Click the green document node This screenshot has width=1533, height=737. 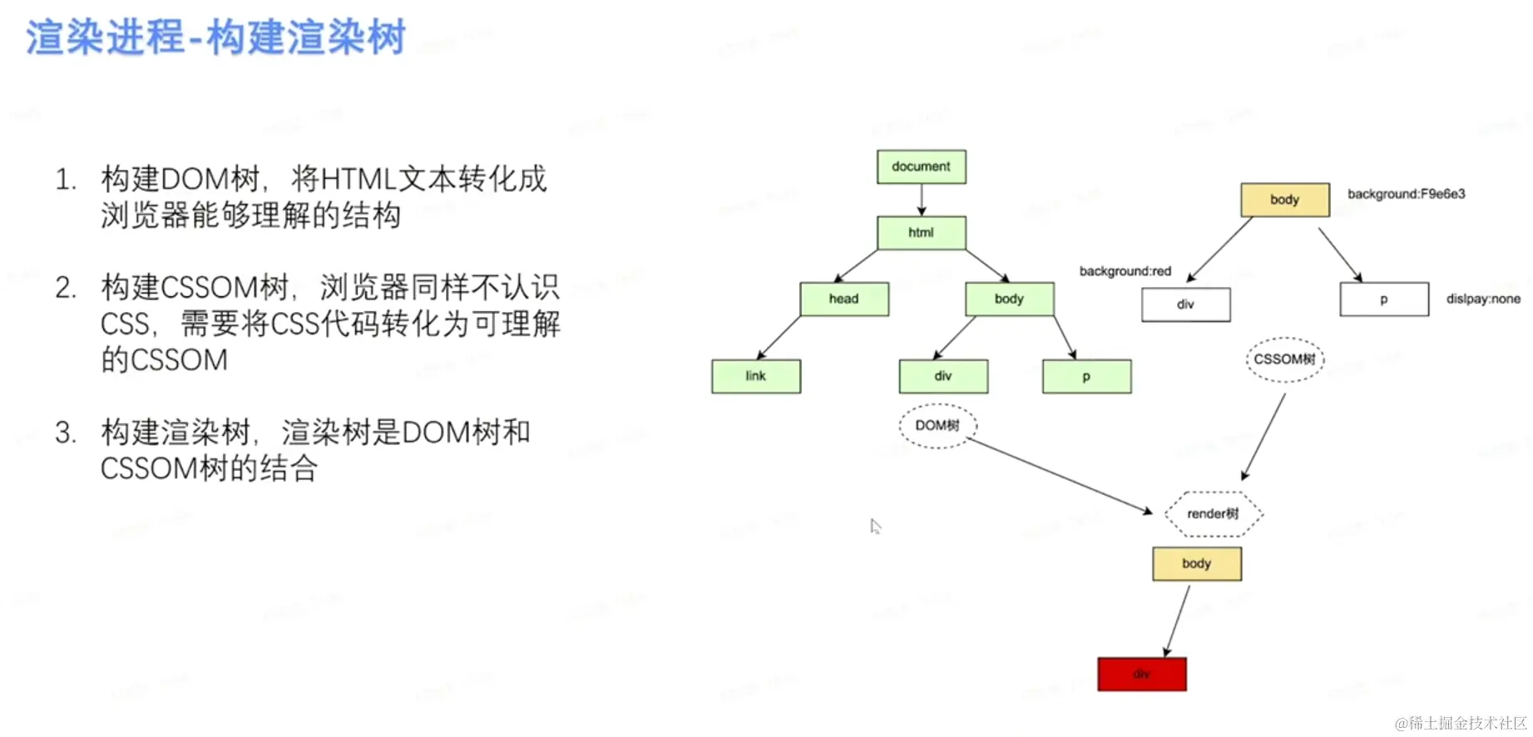click(x=921, y=166)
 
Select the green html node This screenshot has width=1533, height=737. click(x=921, y=233)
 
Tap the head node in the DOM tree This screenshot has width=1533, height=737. click(x=843, y=299)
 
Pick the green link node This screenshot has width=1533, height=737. click(x=755, y=376)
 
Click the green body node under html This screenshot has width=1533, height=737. click(x=1009, y=299)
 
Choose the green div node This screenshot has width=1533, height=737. click(x=943, y=376)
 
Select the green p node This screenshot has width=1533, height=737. click(x=1086, y=376)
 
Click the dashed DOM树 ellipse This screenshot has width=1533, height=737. click(x=937, y=426)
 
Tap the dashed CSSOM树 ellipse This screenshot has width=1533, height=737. click(x=1285, y=359)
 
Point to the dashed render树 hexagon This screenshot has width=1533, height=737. click(x=1213, y=514)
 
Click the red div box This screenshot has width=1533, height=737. click(x=1141, y=674)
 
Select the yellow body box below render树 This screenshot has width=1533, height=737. click(x=1196, y=564)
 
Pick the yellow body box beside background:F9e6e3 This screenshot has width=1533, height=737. click(x=1284, y=200)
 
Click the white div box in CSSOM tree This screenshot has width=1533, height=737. click(x=1185, y=304)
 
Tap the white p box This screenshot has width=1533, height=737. click(x=1383, y=299)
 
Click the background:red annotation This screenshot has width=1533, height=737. click(x=1125, y=271)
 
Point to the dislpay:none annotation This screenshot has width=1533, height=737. click(x=1482, y=299)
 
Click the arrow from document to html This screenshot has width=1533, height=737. click(x=922, y=200)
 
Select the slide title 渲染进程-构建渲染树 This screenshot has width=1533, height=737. click(x=215, y=37)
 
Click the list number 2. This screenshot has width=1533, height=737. click(x=66, y=288)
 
